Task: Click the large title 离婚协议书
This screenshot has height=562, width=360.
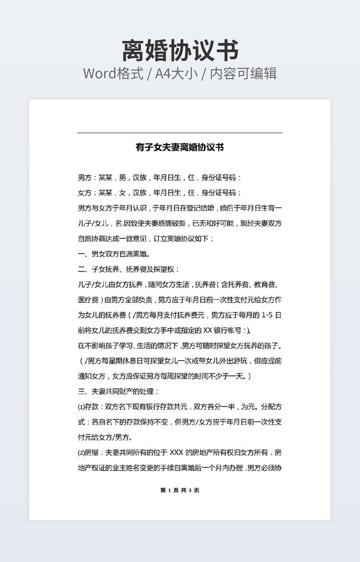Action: [x=180, y=51]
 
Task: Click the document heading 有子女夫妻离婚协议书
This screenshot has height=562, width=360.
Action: [x=179, y=147]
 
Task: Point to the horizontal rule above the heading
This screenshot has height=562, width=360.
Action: [x=179, y=133]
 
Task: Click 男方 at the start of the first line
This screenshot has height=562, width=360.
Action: [x=84, y=178]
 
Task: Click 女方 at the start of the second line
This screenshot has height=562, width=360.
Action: [x=84, y=193]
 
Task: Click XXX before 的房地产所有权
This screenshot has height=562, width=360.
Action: [x=176, y=453]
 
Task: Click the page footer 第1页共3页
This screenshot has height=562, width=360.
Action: [x=179, y=490]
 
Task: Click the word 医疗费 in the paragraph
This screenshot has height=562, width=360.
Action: [x=88, y=300]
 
